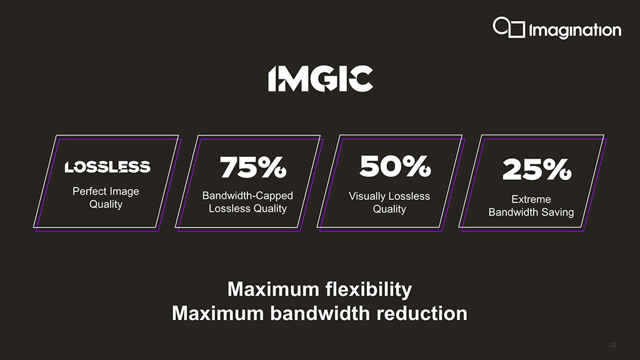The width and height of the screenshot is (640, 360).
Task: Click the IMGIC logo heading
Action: (321, 78)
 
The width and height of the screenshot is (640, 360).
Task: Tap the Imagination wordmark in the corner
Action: (575, 31)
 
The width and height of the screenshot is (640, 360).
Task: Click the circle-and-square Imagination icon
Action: (509, 27)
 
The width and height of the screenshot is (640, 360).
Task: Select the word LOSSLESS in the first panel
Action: (107, 167)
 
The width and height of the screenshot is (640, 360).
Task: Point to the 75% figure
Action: (253, 167)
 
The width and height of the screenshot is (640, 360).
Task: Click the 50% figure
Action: (395, 166)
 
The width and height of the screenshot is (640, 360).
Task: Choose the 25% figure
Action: (537, 169)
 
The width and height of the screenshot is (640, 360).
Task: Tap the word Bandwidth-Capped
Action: (247, 196)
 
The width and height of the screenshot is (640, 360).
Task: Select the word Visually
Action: (365, 196)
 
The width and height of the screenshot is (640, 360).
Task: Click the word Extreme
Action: (531, 199)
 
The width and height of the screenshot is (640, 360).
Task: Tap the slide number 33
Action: (612, 345)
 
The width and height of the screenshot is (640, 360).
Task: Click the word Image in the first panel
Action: (124, 191)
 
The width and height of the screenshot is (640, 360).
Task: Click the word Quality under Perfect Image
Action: (106, 204)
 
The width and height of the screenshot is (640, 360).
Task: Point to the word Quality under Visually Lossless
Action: (389, 209)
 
